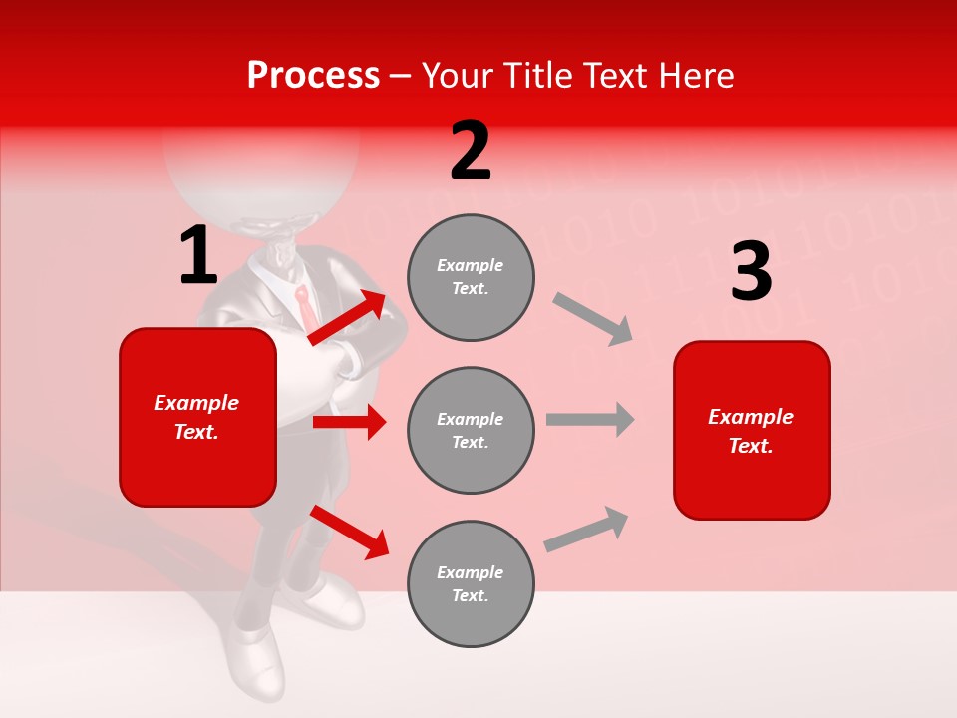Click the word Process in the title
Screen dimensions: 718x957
click(x=313, y=76)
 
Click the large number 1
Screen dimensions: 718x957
click(x=198, y=256)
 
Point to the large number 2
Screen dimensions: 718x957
click(x=471, y=152)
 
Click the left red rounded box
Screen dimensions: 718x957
click(x=197, y=417)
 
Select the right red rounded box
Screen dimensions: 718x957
click(x=752, y=430)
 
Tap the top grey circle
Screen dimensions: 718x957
click(x=471, y=277)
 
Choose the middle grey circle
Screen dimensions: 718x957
click(x=471, y=430)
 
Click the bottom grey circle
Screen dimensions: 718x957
click(x=471, y=583)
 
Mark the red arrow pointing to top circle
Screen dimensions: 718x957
click(x=348, y=317)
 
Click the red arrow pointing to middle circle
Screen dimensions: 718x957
click(x=349, y=422)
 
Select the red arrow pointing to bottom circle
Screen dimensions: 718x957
click(x=350, y=532)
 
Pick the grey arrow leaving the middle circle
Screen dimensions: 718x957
click(x=590, y=419)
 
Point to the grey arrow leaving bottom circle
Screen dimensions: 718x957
click(x=586, y=529)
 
